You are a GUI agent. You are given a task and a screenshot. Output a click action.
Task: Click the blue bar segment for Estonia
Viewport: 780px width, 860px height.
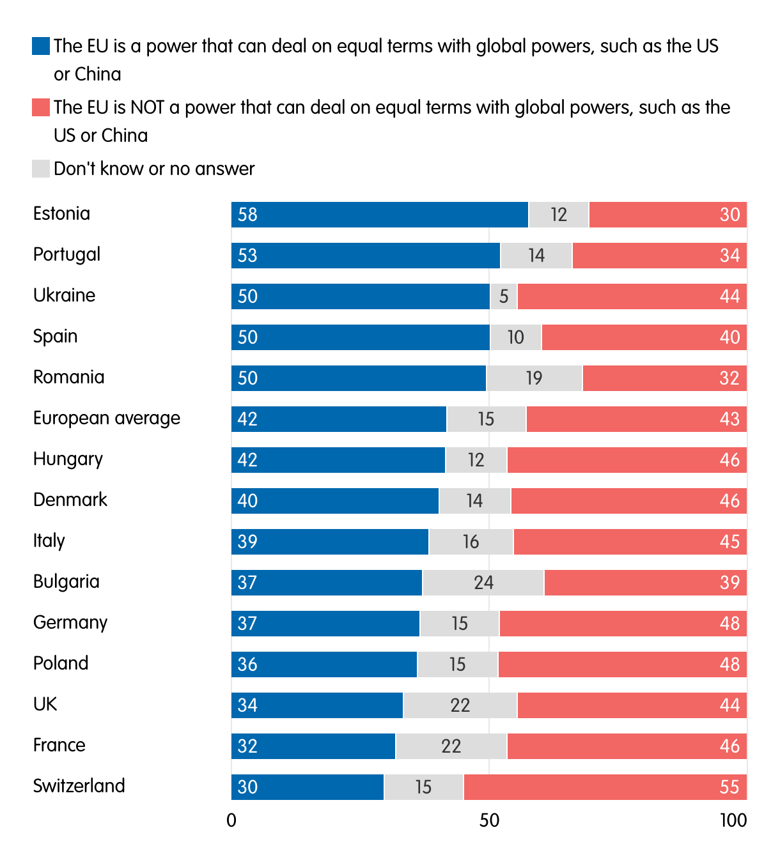coord(380,215)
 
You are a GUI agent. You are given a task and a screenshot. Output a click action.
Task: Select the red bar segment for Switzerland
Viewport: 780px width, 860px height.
coord(605,787)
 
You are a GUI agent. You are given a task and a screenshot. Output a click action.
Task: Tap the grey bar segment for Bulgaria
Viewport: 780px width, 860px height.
coord(483,583)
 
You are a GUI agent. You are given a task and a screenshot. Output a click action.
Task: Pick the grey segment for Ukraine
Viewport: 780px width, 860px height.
coord(504,296)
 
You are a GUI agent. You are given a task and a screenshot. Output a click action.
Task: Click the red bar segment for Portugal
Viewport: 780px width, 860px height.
coord(659,256)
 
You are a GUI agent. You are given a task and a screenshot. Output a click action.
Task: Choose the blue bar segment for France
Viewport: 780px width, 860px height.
coord(313,746)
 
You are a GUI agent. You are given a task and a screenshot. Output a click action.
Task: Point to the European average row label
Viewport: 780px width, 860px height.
coord(107,418)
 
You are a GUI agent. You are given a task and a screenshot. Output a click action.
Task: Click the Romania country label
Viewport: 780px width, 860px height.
coord(68,377)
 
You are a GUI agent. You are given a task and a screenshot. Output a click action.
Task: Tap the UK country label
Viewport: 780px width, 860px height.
coord(45,704)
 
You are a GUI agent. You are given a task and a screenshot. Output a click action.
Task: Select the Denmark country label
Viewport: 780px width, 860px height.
coord(70,500)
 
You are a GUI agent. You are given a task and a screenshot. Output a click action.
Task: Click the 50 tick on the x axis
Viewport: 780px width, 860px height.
coord(489,820)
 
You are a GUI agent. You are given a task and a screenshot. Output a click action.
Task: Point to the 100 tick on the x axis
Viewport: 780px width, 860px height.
coord(733,820)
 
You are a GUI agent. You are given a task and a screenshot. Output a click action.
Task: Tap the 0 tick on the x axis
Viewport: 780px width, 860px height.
coord(231,820)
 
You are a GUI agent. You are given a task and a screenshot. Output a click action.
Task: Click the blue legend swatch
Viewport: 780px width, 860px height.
coord(41,46)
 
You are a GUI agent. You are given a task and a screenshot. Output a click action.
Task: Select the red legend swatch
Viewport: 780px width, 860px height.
coord(41,107)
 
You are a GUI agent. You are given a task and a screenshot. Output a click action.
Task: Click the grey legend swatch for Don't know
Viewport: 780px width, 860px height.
coord(41,169)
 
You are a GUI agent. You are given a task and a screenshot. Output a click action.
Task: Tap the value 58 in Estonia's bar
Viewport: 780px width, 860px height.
coord(247,215)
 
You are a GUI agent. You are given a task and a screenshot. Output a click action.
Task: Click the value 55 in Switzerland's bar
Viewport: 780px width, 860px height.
coord(729,787)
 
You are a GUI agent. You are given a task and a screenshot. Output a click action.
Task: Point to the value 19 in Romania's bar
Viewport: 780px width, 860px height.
coord(534,378)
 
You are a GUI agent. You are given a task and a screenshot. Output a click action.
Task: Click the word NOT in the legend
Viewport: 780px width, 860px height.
coord(147,107)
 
